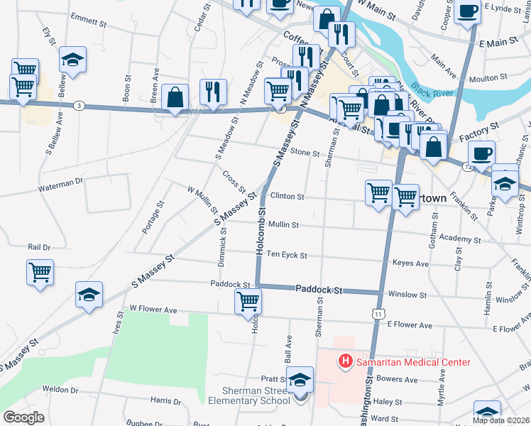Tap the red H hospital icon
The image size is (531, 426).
[x=346, y=362]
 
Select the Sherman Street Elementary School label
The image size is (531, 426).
[x=246, y=395]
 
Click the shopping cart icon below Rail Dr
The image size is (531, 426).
[x=40, y=271]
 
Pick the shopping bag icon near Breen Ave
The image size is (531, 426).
[x=175, y=97]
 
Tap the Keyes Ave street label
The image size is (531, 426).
[x=410, y=263]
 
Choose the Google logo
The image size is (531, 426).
[x=23, y=417]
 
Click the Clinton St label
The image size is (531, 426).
[x=287, y=196]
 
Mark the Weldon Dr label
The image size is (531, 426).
[x=60, y=389]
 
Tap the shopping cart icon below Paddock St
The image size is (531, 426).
[x=248, y=301]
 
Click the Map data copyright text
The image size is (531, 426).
[x=500, y=420]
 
